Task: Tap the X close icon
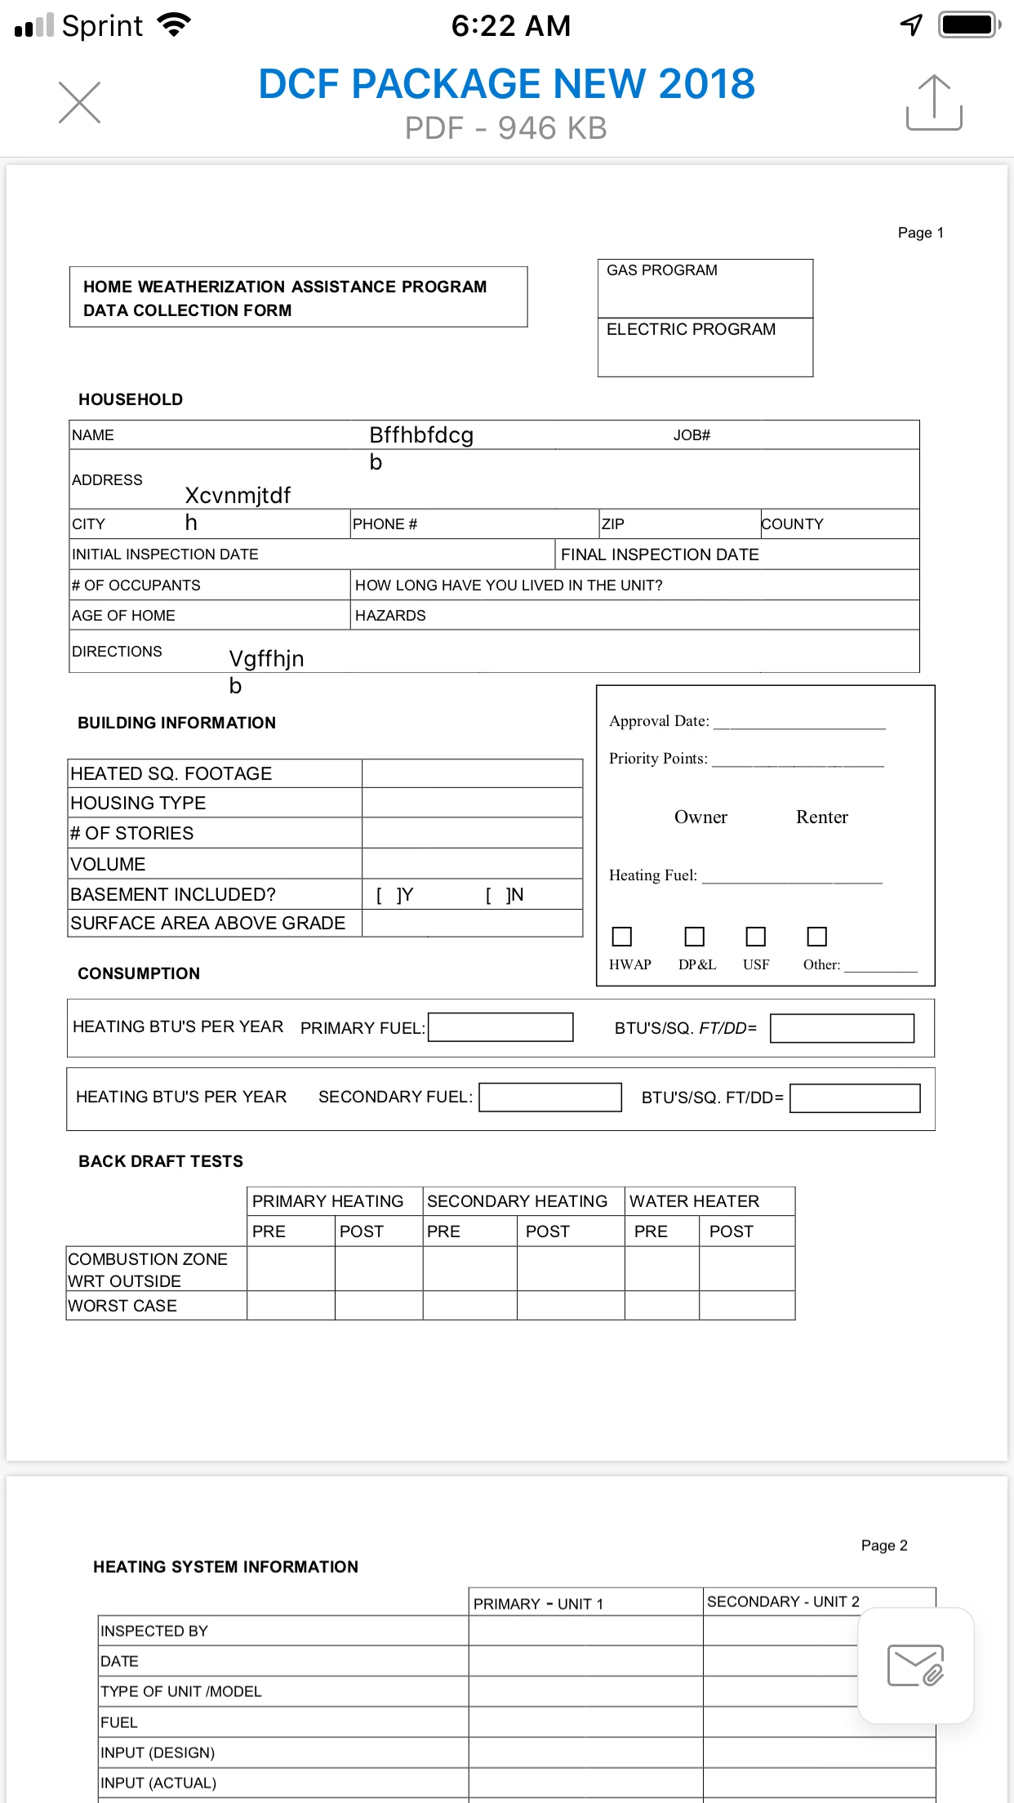click(x=79, y=103)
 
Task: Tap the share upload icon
click(x=934, y=103)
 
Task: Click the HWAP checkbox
click(x=622, y=936)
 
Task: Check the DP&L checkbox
click(x=694, y=936)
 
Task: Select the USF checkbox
click(x=756, y=936)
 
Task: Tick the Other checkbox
click(x=816, y=936)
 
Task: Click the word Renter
click(x=821, y=817)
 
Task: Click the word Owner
click(x=700, y=817)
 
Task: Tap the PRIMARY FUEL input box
click(x=500, y=1027)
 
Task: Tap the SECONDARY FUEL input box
click(x=550, y=1097)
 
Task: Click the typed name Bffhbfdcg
click(x=421, y=435)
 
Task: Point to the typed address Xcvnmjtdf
click(x=238, y=496)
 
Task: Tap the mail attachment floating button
click(x=915, y=1666)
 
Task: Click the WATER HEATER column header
click(x=694, y=1201)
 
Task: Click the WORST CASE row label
click(x=122, y=1306)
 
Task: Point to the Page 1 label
click(x=920, y=233)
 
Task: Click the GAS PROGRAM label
click(x=662, y=270)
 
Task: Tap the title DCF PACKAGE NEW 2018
click(x=506, y=84)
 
